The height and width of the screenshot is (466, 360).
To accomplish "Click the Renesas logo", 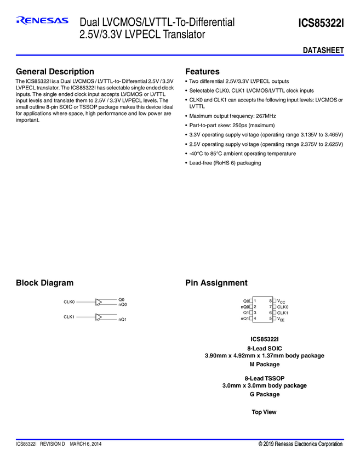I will coord(42,21).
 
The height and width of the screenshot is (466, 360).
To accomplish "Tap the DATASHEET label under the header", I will coord(323,50).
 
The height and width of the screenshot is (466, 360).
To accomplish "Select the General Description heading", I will coord(55,72).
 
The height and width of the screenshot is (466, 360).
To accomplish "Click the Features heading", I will coord(202,72).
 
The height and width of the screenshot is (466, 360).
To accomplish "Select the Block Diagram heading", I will coord(44,283).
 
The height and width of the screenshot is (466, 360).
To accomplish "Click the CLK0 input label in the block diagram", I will coord(69,302).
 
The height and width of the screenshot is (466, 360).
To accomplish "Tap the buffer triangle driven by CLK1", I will coord(99,317).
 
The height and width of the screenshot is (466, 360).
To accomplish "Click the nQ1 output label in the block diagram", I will coord(123,319).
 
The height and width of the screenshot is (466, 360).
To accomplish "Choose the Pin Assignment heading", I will coord(216,283).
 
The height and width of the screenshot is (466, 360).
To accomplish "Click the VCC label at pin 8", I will coord(281,301).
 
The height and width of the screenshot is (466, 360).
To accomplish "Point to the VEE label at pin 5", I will coord(281,319).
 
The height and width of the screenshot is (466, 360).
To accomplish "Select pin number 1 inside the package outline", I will coord(255,301).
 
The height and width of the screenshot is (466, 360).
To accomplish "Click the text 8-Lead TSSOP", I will coord(264,378).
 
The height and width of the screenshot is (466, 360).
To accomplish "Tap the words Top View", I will coord(264,412).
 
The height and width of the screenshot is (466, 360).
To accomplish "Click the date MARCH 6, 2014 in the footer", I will coord(85,444).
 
